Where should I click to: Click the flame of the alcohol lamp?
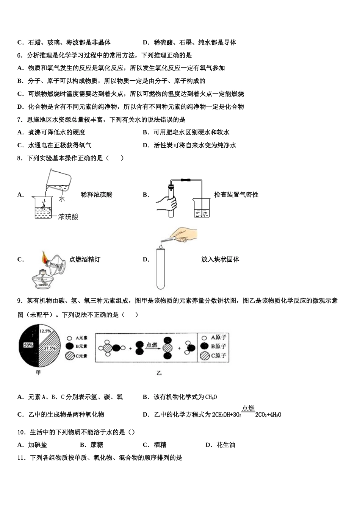click(x=44, y=257)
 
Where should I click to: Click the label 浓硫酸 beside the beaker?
click(x=68, y=217)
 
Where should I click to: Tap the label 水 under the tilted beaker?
click(x=62, y=199)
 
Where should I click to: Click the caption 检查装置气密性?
click(x=236, y=195)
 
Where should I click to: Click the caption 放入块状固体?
click(x=220, y=259)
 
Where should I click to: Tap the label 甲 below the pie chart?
click(x=38, y=373)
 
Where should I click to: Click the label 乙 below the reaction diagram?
click(x=159, y=373)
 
